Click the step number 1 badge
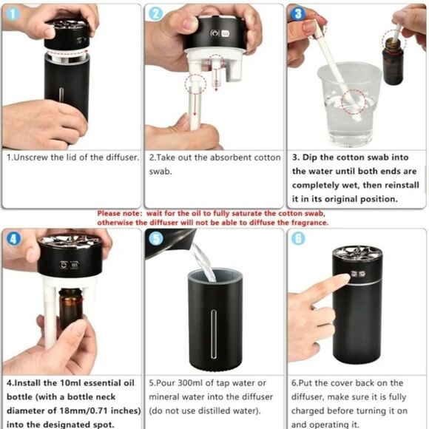[x=13, y=14]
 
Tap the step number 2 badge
[x=155, y=13]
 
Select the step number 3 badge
[x=298, y=13]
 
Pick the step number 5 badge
[x=156, y=239]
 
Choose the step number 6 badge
[x=298, y=239]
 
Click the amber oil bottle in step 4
[x=70, y=308]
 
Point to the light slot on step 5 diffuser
[x=214, y=334]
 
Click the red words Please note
[x=120, y=213]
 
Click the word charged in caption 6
[x=308, y=411]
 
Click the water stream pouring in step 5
[x=203, y=262]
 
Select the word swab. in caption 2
[x=161, y=172]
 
